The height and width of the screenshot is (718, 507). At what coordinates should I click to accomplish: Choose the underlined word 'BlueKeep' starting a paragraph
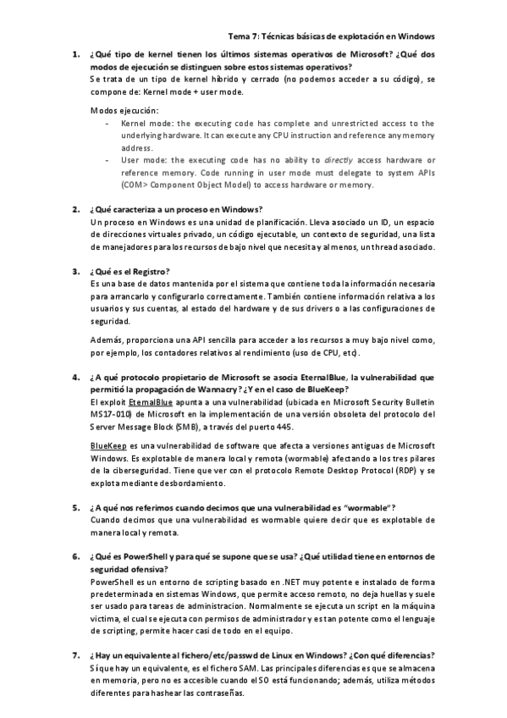click(x=109, y=445)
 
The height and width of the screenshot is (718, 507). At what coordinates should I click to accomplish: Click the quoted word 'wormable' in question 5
click(x=367, y=507)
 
